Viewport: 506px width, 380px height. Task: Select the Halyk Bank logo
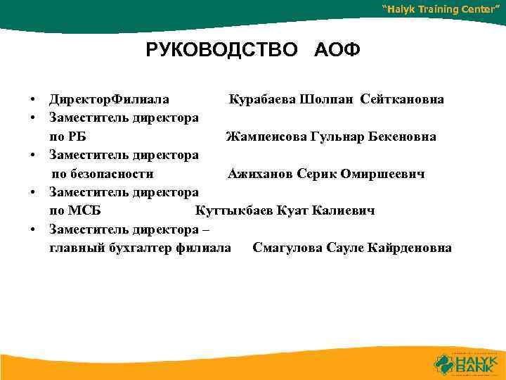[x=465, y=362]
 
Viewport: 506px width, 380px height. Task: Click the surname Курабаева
[x=261, y=99]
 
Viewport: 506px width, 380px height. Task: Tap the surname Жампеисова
[x=266, y=136]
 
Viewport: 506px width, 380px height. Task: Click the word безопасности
[x=112, y=173]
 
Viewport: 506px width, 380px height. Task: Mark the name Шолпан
[x=327, y=99]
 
